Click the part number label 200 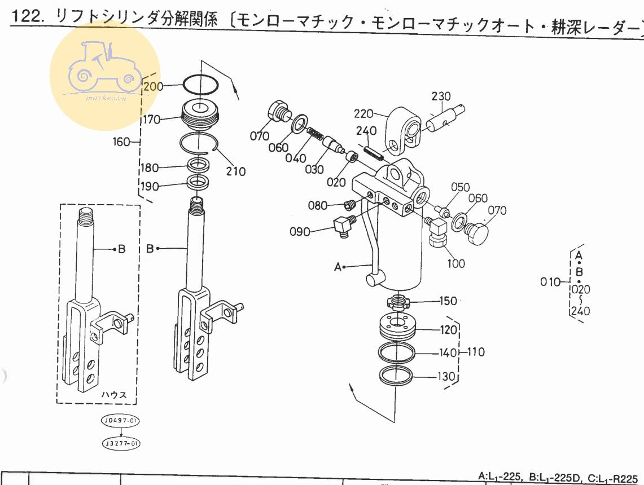click(x=152, y=86)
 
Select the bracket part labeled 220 click(x=404, y=131)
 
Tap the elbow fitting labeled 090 click(x=341, y=227)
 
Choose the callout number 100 click(x=456, y=263)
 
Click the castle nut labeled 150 click(x=399, y=302)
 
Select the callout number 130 click(x=446, y=376)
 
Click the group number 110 click(x=476, y=352)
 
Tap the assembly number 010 click(x=550, y=282)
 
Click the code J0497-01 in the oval click(x=120, y=421)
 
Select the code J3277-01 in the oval click(x=120, y=444)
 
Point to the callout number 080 click(x=318, y=205)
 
